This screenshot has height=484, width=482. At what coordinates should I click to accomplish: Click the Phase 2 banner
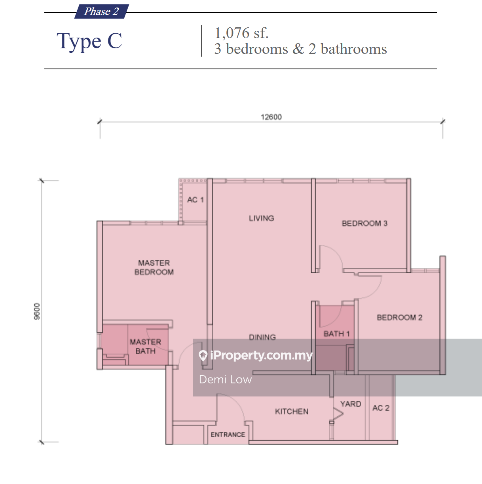point(102,11)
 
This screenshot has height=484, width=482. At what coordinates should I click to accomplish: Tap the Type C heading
point(89,41)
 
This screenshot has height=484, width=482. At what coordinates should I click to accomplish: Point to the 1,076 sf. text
point(241,33)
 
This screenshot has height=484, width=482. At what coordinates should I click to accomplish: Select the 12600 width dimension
point(271,117)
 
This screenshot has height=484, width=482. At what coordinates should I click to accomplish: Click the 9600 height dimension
point(37,311)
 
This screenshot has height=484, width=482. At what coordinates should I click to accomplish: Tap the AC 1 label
point(195,200)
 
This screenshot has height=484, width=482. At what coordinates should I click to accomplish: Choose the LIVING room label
point(261,218)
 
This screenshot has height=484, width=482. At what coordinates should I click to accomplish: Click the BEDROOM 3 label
point(364,223)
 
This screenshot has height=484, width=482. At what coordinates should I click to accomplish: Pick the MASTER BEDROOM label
point(154,267)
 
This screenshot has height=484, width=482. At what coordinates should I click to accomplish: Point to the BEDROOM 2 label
point(400,318)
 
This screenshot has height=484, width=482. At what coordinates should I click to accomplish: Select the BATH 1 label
point(337,334)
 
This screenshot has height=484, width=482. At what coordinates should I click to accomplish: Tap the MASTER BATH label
point(145,346)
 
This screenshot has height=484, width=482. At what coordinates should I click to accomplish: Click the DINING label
point(262,337)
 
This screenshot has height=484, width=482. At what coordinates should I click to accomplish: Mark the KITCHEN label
point(292,412)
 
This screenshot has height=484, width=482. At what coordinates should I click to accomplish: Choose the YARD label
point(351,404)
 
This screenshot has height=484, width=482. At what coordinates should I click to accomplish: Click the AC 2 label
point(381,408)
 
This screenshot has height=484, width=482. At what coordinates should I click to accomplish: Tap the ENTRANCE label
point(228,434)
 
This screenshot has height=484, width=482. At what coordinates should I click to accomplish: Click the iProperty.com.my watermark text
point(261,355)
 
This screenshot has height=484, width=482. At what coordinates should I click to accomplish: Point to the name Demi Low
point(225,379)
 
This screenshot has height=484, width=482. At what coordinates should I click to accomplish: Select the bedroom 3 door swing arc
point(337,252)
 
